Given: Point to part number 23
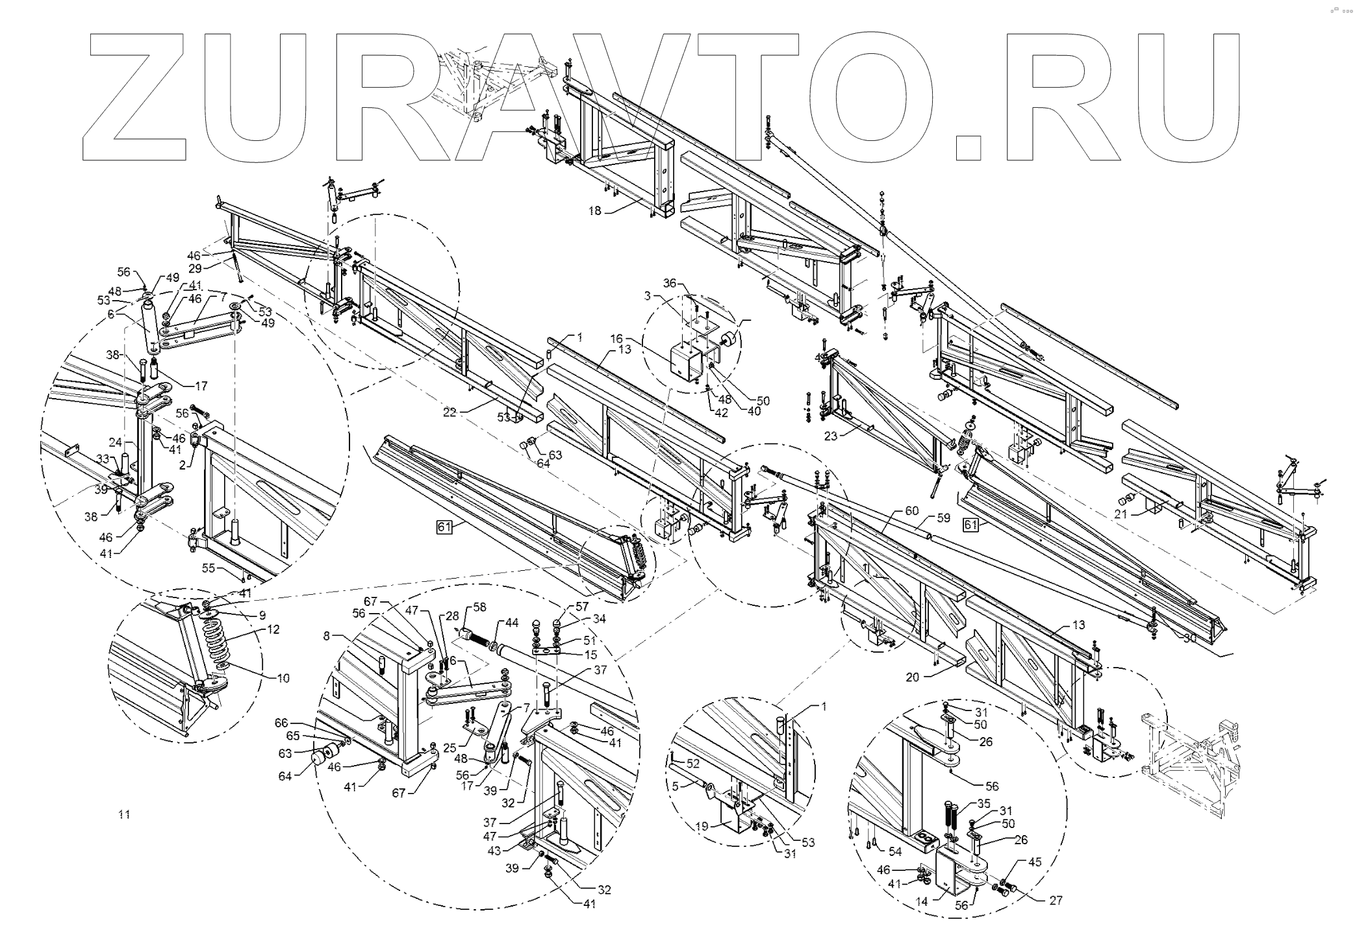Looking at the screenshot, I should click(831, 436).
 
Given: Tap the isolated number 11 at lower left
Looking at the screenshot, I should click(124, 814).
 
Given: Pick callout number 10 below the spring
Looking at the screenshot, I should click(283, 679).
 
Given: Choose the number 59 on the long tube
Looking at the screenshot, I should click(943, 518).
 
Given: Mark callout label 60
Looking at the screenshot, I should click(912, 510).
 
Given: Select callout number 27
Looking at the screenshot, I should click(1056, 900).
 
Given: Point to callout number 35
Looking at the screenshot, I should click(983, 803).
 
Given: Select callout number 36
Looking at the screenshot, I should click(670, 282).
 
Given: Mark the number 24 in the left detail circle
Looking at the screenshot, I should click(116, 443).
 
